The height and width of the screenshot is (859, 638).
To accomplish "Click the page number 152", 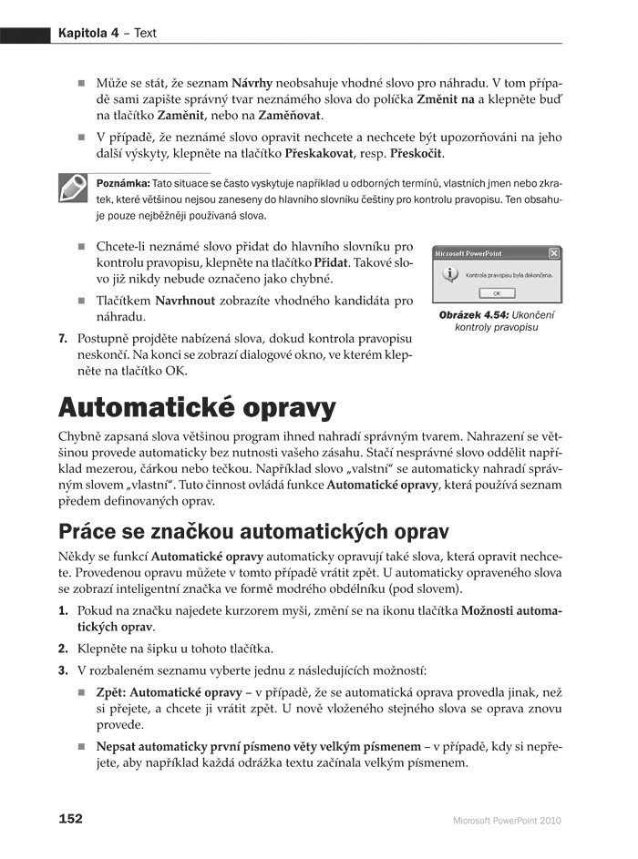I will (71, 819).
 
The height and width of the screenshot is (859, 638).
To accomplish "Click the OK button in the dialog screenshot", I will (497, 293).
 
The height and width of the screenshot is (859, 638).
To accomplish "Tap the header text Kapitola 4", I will (93, 33).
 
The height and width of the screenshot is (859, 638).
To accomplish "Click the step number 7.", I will (63, 339).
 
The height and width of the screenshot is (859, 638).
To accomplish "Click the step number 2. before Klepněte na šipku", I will (63, 649).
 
